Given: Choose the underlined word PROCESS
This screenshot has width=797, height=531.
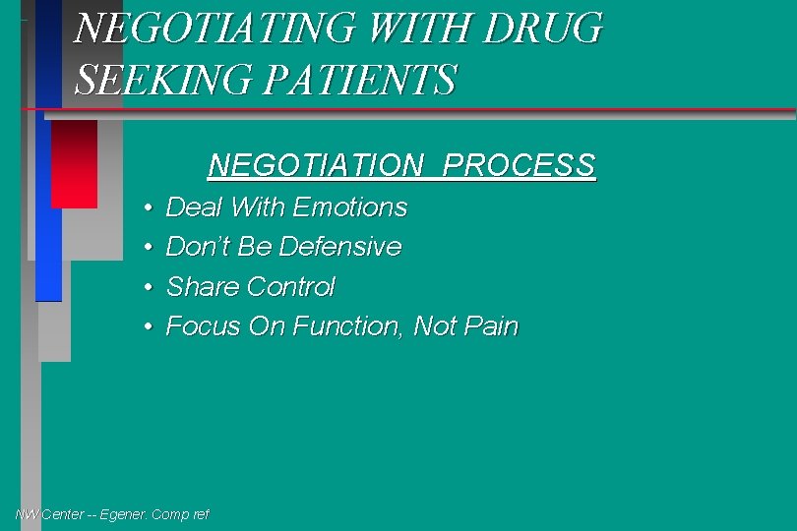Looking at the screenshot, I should coord(519,164).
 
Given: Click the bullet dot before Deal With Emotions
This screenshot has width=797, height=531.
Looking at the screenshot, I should coord(147,208).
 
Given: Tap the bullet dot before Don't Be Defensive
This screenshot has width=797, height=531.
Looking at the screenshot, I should coord(147,248).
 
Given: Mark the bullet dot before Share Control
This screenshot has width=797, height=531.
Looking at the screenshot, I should coord(147,287).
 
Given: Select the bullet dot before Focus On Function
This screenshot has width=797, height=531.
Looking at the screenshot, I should coord(147,326).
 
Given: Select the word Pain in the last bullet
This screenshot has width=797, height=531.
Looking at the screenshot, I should coord(491,326).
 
